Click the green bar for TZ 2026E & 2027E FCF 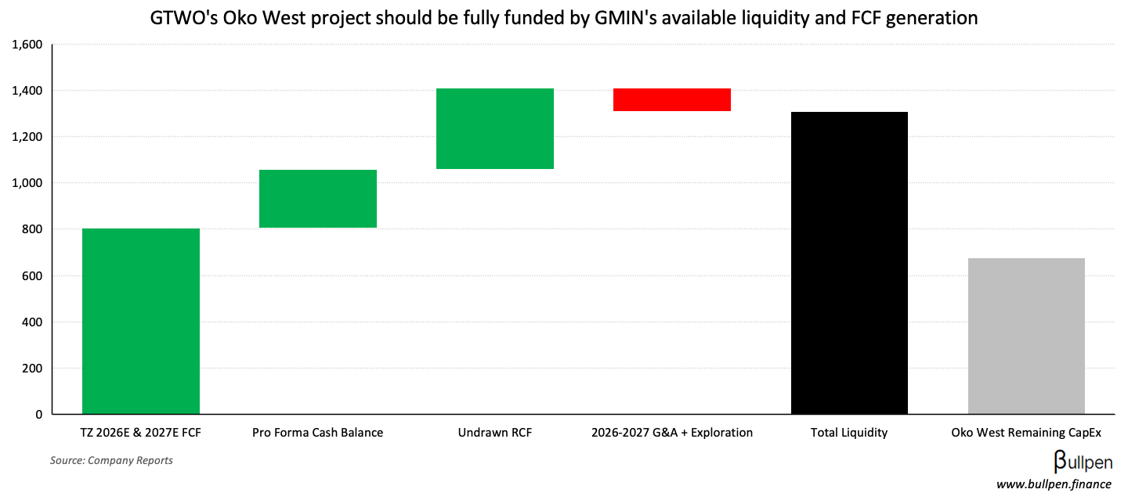141,321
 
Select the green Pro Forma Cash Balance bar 318,199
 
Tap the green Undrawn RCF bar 495,128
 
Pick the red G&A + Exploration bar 672,99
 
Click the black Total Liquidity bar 849,263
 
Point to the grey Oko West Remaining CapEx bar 1026,336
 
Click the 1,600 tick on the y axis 27,45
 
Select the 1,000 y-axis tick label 27,183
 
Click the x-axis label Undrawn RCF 495,433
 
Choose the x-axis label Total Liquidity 849,433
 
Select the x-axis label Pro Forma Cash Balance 318,433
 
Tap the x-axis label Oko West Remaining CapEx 1026,433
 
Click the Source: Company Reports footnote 111,460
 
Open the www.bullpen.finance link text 1054,484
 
